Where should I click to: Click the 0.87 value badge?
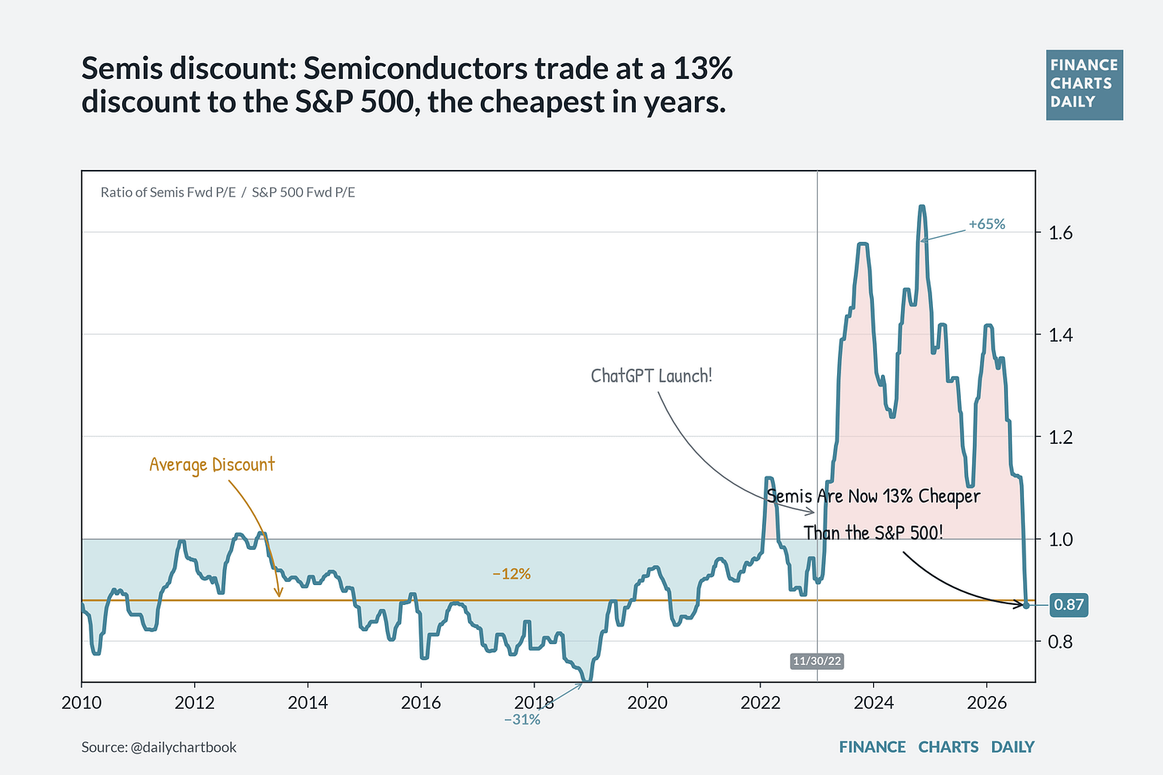pyautogui.click(x=1069, y=605)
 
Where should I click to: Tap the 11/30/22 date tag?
pyautogui.click(x=816, y=661)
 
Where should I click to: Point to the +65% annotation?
pyautogui.click(x=987, y=224)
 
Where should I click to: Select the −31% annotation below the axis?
pyautogui.click(x=522, y=719)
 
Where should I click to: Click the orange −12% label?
pyautogui.click(x=511, y=574)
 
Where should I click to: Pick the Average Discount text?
pyautogui.click(x=212, y=465)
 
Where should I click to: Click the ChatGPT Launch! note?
pyautogui.click(x=652, y=376)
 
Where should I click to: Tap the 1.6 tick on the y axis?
pyautogui.click(x=1060, y=233)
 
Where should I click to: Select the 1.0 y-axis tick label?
pyautogui.click(x=1060, y=540)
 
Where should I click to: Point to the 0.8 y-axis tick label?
pyautogui.click(x=1060, y=642)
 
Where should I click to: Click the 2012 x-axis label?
pyautogui.click(x=195, y=702)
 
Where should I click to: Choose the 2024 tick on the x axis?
pyautogui.click(x=874, y=702)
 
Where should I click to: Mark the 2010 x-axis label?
pyautogui.click(x=81, y=702)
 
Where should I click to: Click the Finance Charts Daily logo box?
pyautogui.click(x=1085, y=85)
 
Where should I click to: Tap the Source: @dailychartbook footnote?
pyautogui.click(x=159, y=747)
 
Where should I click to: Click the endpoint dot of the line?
pyautogui.click(x=1026, y=605)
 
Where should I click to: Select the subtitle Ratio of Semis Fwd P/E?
pyautogui.click(x=169, y=192)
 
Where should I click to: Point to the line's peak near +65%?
pyautogui.click(x=922, y=207)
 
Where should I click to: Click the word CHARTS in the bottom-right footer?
pyautogui.click(x=948, y=747)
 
